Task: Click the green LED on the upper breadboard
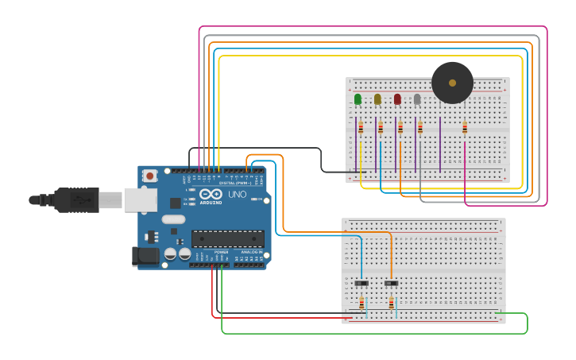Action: click(x=358, y=99)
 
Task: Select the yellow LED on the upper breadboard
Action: click(x=377, y=99)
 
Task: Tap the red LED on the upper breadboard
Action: click(x=397, y=99)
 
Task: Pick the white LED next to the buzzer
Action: click(x=417, y=99)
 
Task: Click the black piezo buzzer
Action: click(x=452, y=83)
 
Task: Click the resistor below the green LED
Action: click(x=361, y=128)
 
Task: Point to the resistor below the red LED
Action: click(x=400, y=128)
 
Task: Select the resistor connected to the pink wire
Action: click(x=465, y=128)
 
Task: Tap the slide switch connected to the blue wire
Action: click(x=361, y=283)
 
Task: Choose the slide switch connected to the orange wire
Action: click(x=391, y=283)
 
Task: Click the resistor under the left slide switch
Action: click(x=361, y=303)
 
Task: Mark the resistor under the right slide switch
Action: click(x=391, y=303)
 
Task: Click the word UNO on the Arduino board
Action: click(x=238, y=195)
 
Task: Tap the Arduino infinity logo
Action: click(x=211, y=193)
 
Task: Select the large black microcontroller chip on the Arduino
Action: click(x=228, y=238)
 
